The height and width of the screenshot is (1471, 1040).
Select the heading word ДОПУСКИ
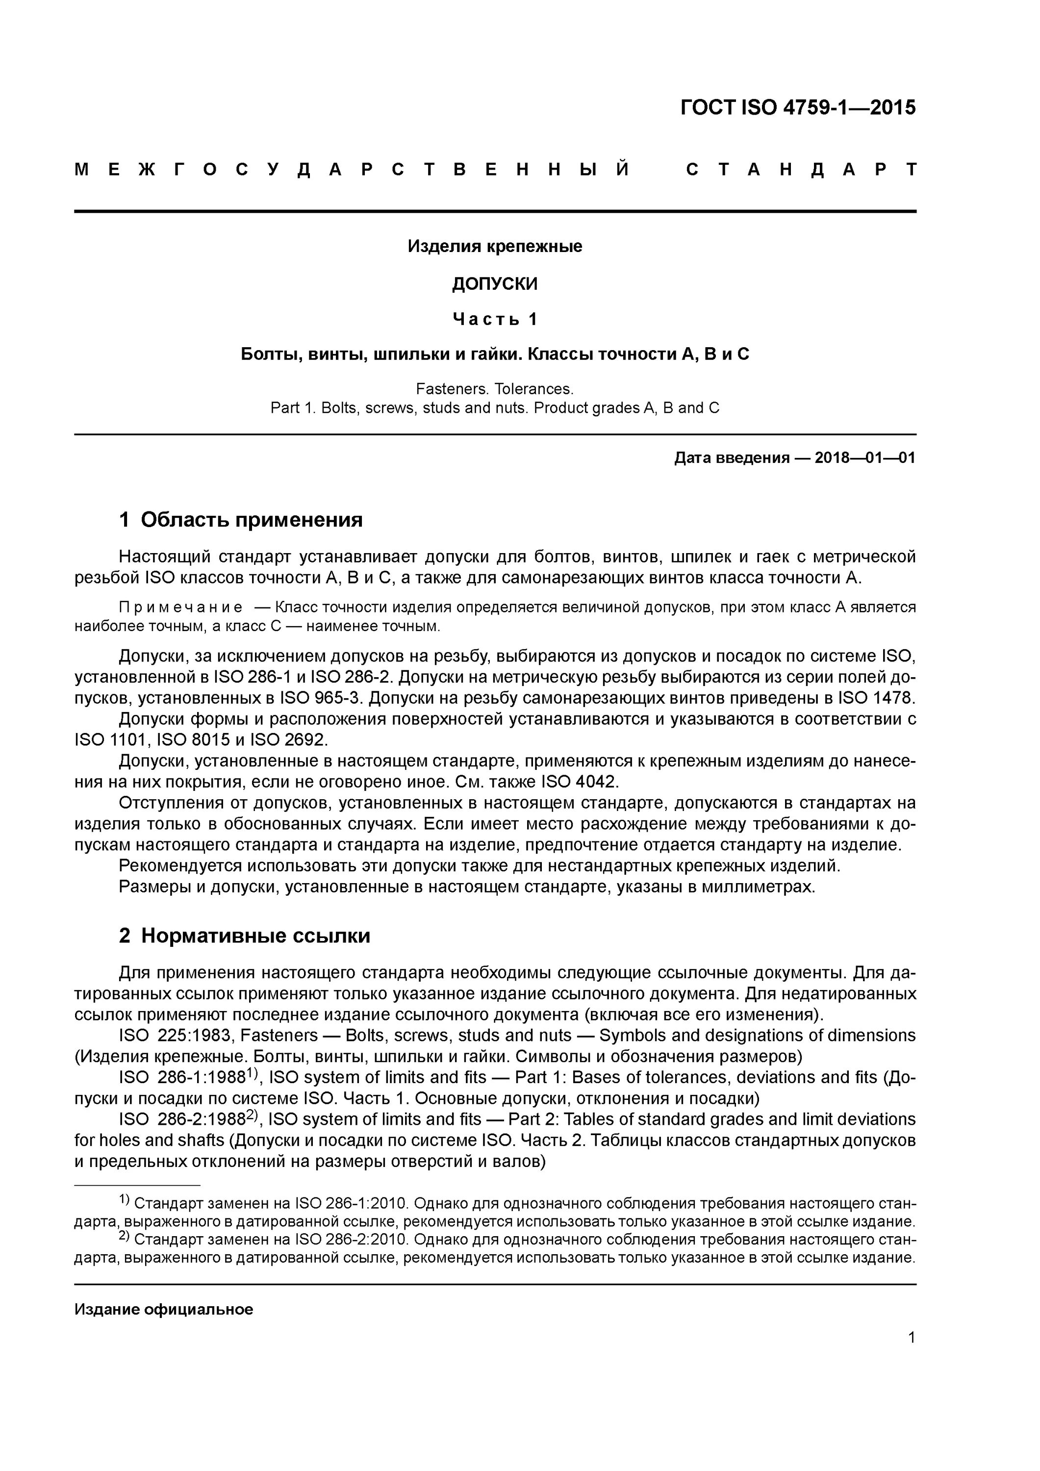pyautogui.click(x=495, y=284)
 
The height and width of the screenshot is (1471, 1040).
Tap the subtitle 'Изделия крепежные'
pyautogui.click(x=495, y=247)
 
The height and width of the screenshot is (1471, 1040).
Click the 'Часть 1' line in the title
pyautogui.click(x=495, y=319)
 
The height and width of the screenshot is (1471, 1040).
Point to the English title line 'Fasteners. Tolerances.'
pyautogui.click(x=495, y=389)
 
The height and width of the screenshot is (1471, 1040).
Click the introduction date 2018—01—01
pyautogui.click(x=865, y=458)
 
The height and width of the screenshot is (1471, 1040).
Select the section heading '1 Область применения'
pyautogui.click(x=241, y=520)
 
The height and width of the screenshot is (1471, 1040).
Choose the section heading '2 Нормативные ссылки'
pyautogui.click(x=245, y=936)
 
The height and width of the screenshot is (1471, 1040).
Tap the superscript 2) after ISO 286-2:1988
pyautogui.click(x=252, y=1116)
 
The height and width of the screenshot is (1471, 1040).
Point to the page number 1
pyautogui.click(x=911, y=1337)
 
